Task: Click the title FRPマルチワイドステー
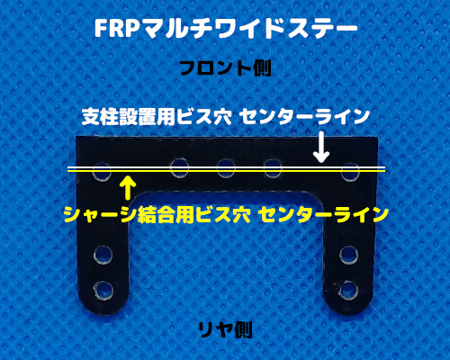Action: click(226, 29)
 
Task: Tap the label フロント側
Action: click(225, 68)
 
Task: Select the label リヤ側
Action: click(225, 330)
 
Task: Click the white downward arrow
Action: click(321, 147)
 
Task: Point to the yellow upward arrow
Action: click(128, 188)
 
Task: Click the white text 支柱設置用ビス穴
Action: click(157, 116)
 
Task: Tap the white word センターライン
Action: click(305, 116)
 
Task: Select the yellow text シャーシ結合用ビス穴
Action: click(157, 214)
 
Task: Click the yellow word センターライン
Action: click(323, 214)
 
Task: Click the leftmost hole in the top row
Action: click(102, 172)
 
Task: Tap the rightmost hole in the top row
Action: click(350, 172)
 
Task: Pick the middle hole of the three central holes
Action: click(227, 168)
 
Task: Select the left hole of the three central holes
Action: click(179, 168)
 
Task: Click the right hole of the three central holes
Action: click(273, 168)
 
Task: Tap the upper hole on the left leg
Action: click(103, 255)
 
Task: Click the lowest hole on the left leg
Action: click(103, 291)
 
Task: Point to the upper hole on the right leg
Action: click(349, 255)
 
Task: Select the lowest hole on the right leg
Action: click(348, 290)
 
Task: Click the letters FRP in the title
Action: click(115, 29)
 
